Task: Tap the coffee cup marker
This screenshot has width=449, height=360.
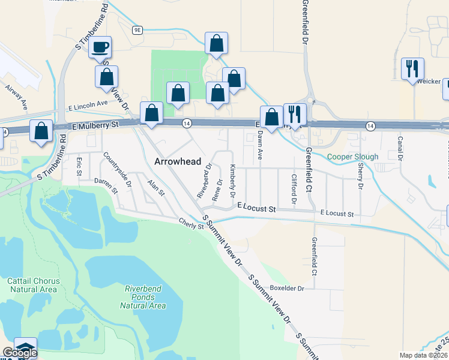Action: [x=100, y=47]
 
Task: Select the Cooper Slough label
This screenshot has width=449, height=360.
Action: [x=352, y=157]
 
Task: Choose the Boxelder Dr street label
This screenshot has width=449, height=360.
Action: [x=287, y=288]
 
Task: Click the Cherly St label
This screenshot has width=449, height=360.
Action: [x=191, y=223]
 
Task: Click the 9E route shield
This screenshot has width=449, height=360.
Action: [x=138, y=29]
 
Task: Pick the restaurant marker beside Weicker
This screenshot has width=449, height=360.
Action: [x=412, y=69]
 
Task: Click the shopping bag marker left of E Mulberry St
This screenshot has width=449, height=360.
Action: [x=41, y=132]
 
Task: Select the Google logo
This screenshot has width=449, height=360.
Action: [x=19, y=352]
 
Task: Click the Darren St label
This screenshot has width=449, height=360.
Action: [x=106, y=185]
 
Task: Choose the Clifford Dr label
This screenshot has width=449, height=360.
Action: [x=294, y=188]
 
